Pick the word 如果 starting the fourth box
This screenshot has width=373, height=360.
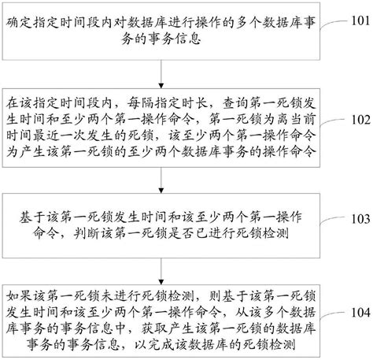click(17, 296)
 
